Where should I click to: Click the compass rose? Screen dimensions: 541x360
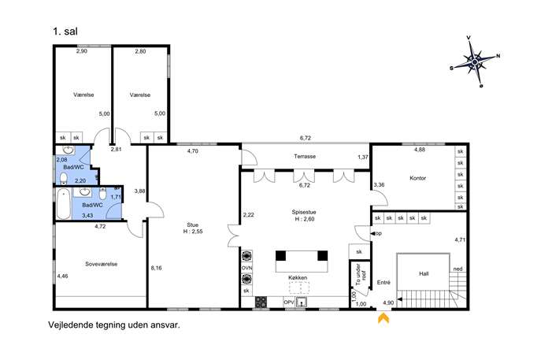click(475, 61)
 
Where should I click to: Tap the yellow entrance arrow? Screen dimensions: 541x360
click(384, 318)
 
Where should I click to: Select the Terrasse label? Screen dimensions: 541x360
click(305, 156)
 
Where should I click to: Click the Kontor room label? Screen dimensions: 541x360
click(417, 178)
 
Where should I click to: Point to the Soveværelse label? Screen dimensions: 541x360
click(101, 264)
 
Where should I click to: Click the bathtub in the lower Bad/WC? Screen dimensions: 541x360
click(64, 204)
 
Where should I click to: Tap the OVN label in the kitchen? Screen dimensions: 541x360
click(246, 268)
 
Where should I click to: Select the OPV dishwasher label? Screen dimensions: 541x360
click(288, 302)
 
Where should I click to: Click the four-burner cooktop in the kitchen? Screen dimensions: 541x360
click(261, 302)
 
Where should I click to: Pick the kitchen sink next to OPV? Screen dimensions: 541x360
click(302, 302)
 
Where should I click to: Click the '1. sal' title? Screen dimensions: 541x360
click(65, 32)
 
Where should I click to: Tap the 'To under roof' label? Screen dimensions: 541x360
click(361, 274)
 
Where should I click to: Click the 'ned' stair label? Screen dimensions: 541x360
click(458, 269)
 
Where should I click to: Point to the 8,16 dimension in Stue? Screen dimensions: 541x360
click(156, 268)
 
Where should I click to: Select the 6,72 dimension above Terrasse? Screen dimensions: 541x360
click(306, 138)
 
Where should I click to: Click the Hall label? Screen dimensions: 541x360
click(424, 273)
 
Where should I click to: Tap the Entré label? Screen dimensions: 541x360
click(384, 282)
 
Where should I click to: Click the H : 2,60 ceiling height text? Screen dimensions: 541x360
click(304, 219)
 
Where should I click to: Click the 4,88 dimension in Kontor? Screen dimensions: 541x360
click(420, 150)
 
